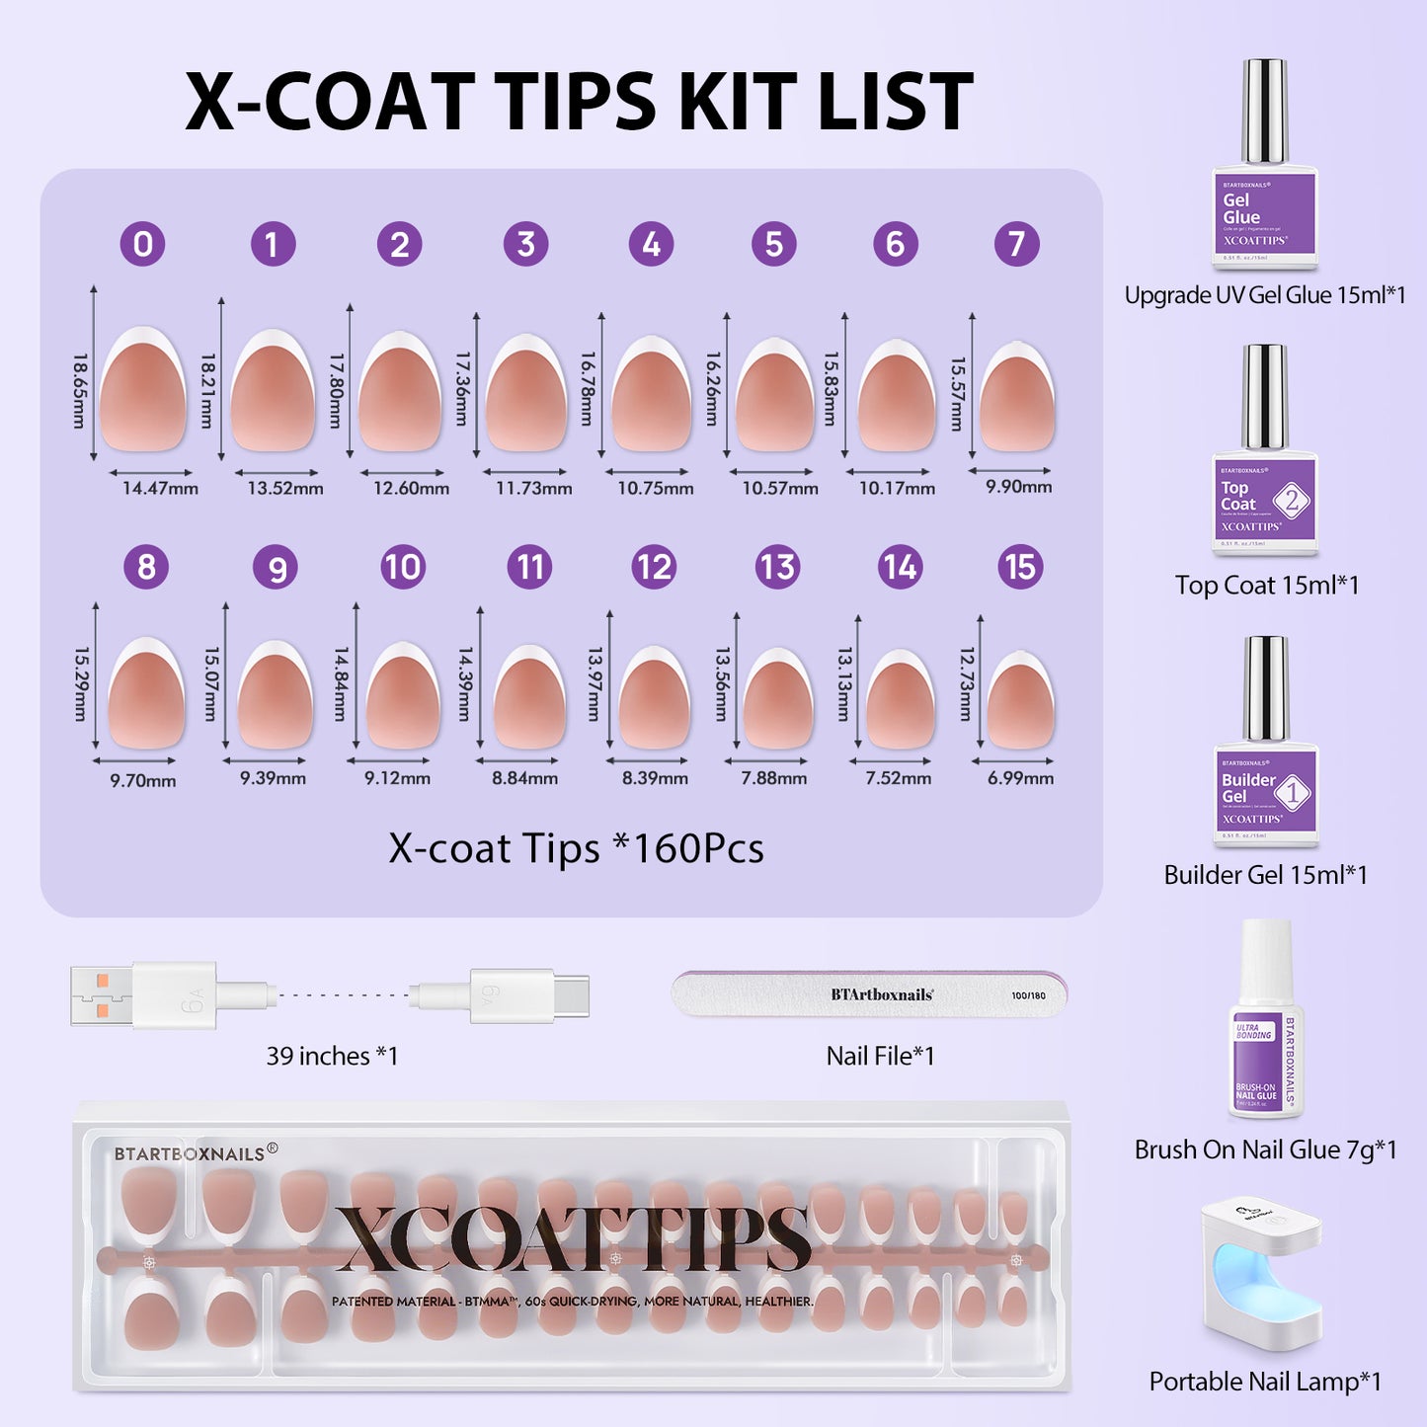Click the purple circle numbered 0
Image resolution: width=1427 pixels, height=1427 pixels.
coord(143,244)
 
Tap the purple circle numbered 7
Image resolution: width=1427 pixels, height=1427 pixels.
coord(1016,244)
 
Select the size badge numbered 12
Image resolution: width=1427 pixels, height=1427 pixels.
coord(654,567)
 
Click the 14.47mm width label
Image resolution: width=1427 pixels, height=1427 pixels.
coord(160,488)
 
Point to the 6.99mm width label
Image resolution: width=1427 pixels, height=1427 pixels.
coord(1020,778)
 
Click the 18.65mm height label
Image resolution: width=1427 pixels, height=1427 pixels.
coord(80,391)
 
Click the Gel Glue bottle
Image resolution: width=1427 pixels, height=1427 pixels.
coord(1265,168)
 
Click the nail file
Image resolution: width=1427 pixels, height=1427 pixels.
coord(869,994)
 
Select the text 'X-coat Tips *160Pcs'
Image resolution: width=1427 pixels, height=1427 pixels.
coord(576,848)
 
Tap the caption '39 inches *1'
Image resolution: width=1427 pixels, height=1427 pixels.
coord(332,1056)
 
